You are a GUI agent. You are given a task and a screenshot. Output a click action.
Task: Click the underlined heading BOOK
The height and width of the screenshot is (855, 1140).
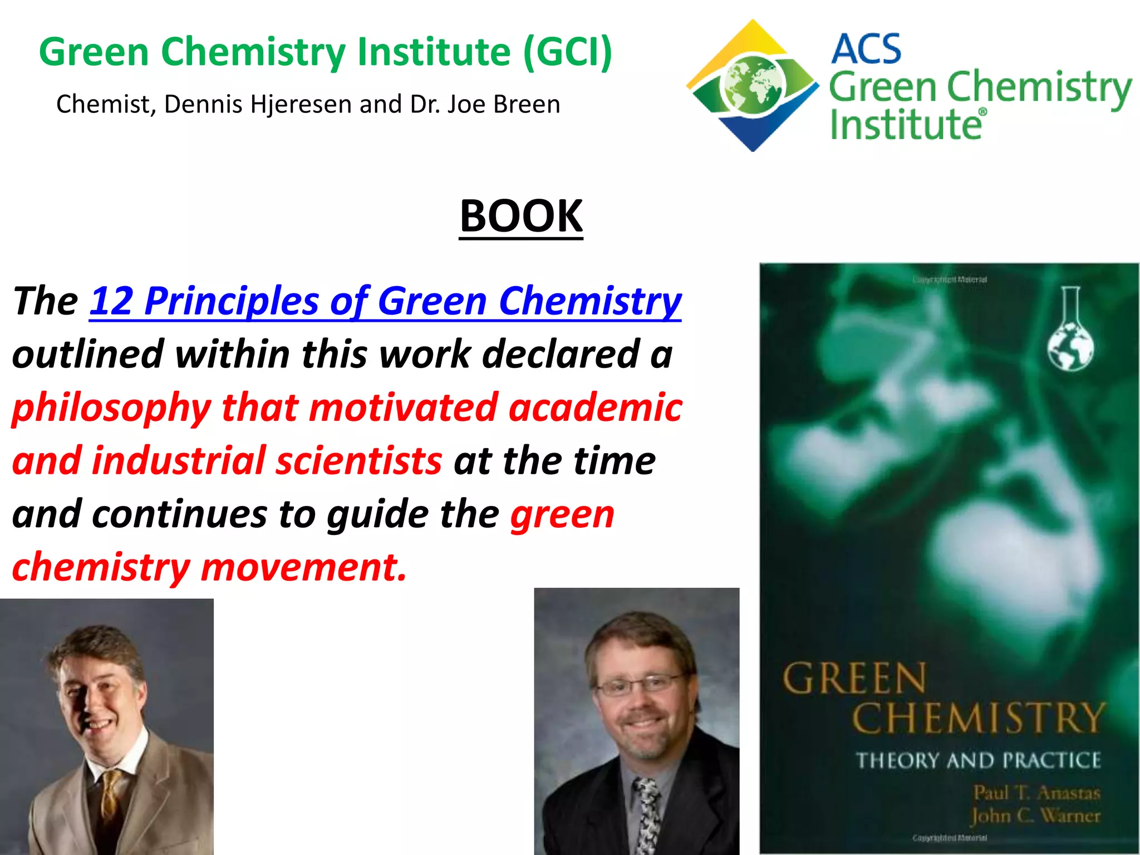point(521,216)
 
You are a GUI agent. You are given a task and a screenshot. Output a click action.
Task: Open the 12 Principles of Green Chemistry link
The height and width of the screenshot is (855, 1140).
point(385,301)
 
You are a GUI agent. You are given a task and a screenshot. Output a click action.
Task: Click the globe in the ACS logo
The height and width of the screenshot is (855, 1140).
point(753,87)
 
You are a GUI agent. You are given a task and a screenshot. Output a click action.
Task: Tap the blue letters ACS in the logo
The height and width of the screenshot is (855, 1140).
point(866,49)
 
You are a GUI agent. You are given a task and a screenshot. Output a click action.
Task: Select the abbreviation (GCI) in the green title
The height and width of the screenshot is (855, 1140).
point(568,52)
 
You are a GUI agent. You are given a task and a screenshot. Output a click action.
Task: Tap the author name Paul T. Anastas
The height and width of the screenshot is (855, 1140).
point(1036,792)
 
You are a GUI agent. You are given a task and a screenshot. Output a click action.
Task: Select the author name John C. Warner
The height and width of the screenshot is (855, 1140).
point(1035,815)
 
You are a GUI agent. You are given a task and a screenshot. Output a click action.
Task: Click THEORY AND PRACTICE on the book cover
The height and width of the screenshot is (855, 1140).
point(978,760)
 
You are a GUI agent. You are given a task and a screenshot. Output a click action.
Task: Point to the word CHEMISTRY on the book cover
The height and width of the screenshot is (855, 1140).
point(977,718)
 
